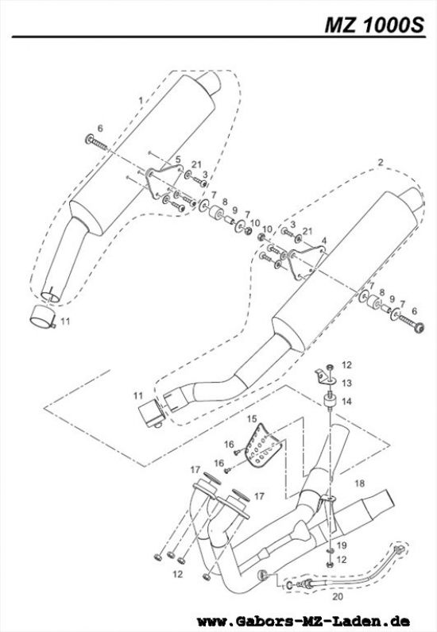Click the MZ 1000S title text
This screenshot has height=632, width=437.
tap(374, 25)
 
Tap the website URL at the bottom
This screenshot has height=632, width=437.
tap(304, 620)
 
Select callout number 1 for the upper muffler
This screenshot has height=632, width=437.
tap(141, 100)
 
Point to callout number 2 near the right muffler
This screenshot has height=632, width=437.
tap(380, 162)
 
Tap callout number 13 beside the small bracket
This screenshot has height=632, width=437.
tap(346, 383)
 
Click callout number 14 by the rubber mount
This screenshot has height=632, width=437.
tap(346, 402)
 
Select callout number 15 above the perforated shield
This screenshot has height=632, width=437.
tap(252, 419)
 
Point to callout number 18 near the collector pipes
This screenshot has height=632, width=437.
tap(359, 483)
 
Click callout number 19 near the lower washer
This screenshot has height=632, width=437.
tap(342, 545)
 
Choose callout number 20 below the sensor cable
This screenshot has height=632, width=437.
tap(338, 596)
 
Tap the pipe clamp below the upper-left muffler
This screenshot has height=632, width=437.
tap(42, 317)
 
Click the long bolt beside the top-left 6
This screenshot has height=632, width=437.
tap(97, 143)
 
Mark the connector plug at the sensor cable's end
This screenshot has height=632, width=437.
tap(399, 549)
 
